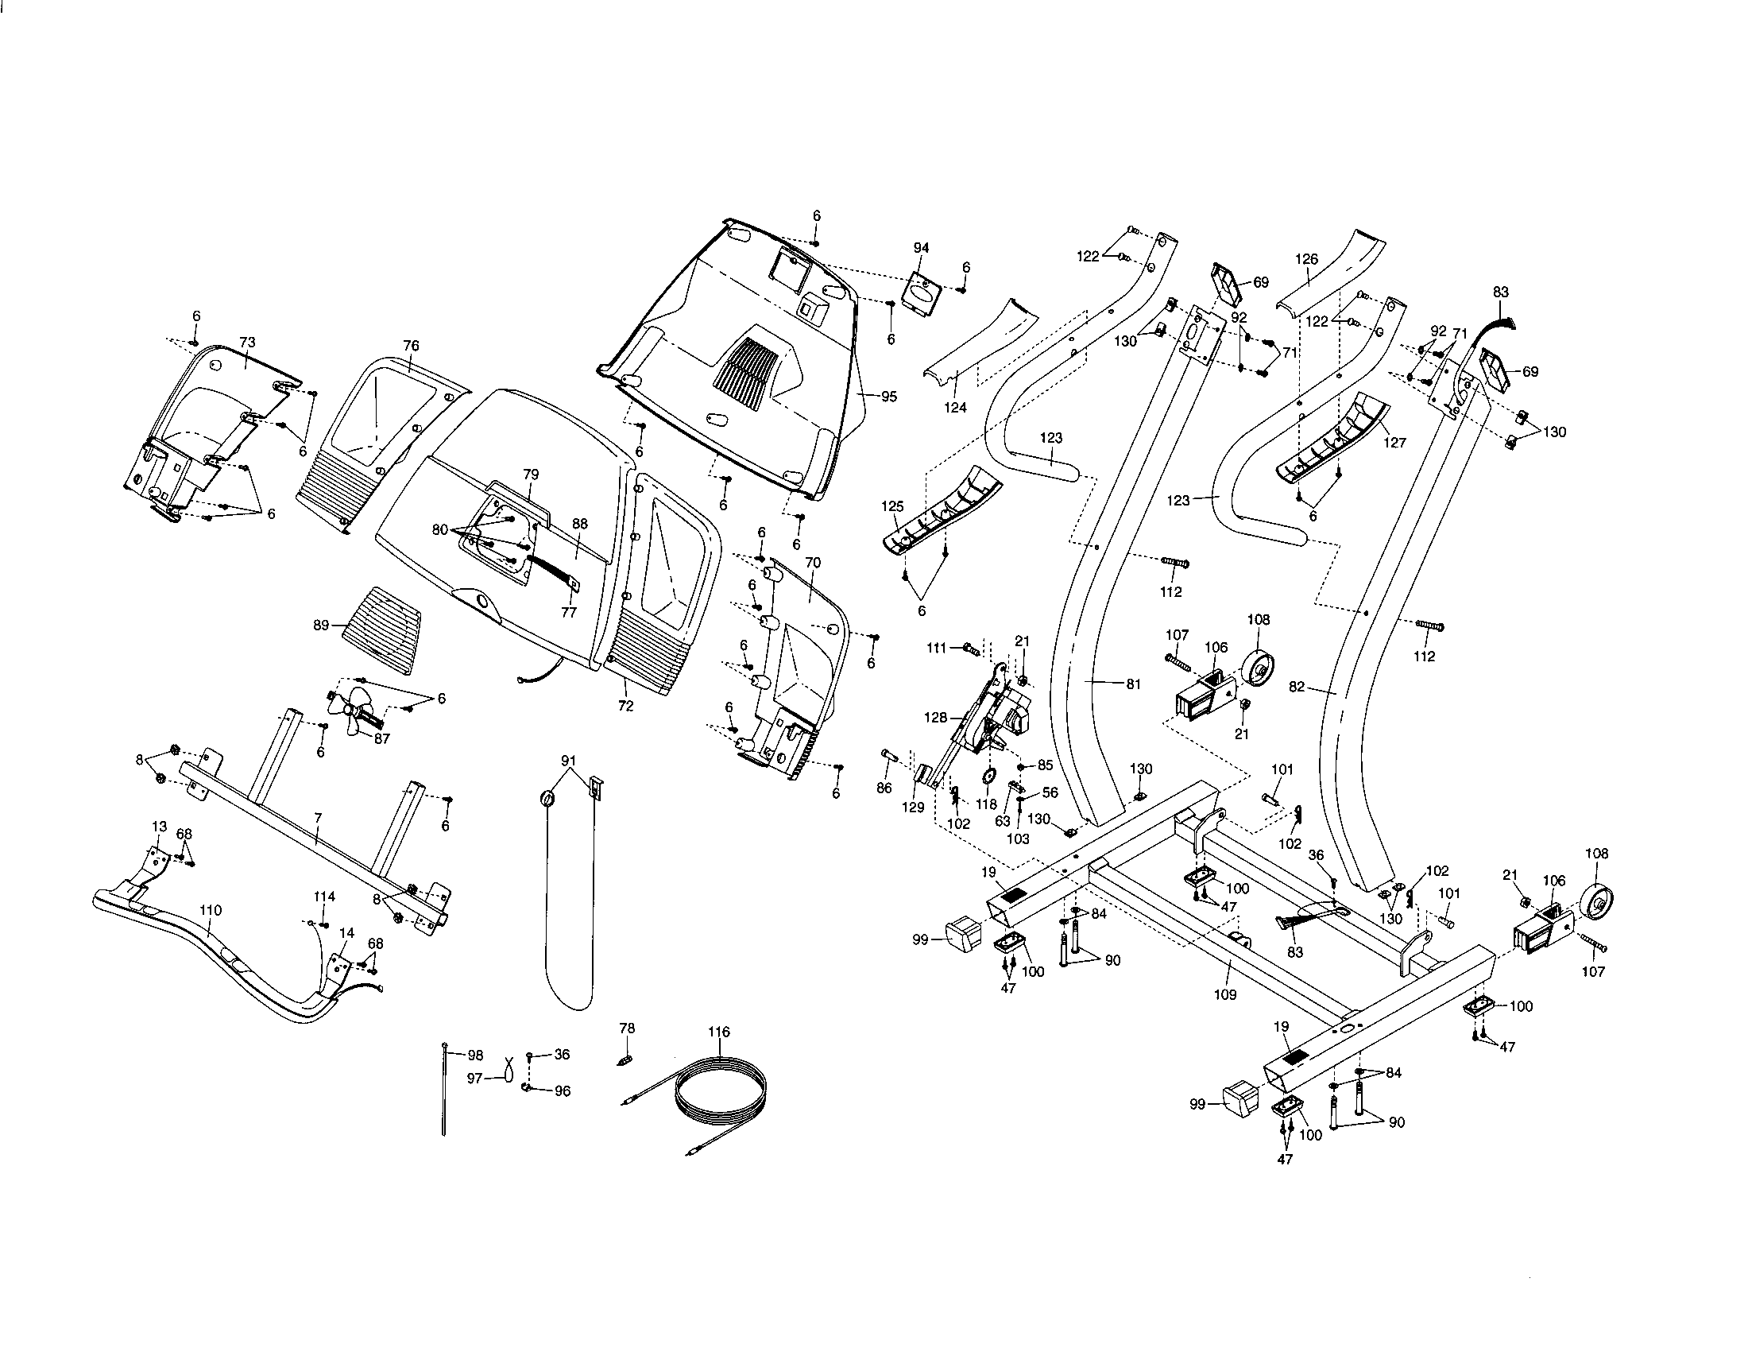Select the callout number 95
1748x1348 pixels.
point(888,397)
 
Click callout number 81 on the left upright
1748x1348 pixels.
point(1132,684)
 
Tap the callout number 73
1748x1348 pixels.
point(247,343)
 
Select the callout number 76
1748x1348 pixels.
point(411,346)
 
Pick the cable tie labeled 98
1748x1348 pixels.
point(443,1089)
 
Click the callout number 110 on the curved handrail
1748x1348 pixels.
point(211,910)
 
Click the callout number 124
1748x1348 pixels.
point(955,408)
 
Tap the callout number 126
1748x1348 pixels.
point(1306,259)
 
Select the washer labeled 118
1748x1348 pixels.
point(988,777)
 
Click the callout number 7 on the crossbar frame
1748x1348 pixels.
point(318,818)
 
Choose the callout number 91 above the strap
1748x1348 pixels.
point(568,760)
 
